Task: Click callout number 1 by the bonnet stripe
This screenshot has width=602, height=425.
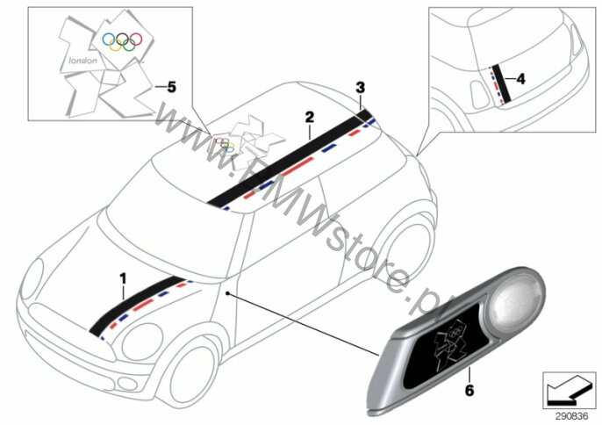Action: [123, 278]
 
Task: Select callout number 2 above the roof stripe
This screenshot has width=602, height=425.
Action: [310, 117]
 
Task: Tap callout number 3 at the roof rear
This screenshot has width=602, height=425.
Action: [360, 88]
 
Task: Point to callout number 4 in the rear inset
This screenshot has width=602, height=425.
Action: [520, 79]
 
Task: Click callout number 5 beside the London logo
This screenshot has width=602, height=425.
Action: [171, 87]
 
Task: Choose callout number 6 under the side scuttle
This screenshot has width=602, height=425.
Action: [469, 391]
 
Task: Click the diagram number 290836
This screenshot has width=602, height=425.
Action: [571, 416]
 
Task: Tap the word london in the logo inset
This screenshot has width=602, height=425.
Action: [82, 61]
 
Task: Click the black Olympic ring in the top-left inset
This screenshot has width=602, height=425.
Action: [123, 39]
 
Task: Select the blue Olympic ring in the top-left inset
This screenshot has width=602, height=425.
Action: [109, 39]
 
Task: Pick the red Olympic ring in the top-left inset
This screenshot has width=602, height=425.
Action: [136, 39]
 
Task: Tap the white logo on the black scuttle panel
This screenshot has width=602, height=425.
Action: [450, 342]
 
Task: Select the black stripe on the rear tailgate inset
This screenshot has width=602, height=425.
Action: [502, 83]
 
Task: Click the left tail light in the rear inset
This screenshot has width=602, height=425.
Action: [480, 95]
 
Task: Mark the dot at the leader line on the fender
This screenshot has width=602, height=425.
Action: [227, 293]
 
